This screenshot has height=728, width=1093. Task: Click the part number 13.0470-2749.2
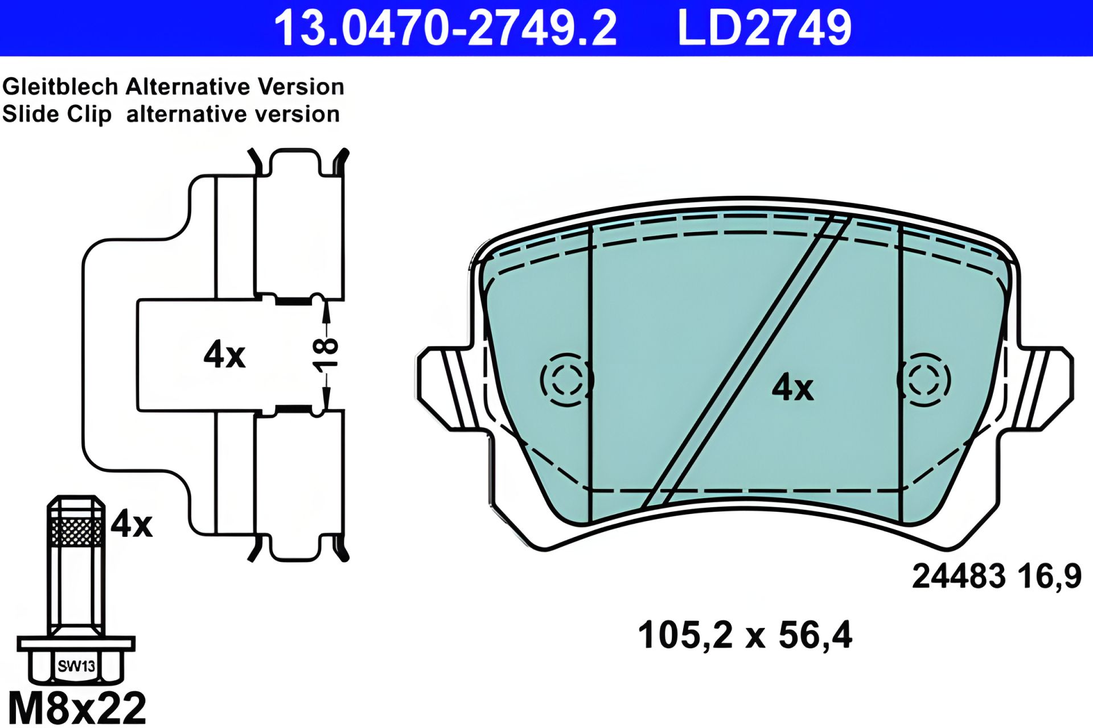point(445,28)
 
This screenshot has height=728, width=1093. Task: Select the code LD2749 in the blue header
point(764,28)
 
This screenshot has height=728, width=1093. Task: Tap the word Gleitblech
point(60,87)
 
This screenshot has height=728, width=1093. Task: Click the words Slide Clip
point(57,114)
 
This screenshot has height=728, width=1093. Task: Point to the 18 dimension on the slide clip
point(326,355)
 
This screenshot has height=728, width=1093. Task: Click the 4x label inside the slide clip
point(224,355)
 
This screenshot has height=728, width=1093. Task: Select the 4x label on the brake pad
point(792,388)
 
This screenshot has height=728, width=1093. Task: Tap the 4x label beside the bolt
point(132,524)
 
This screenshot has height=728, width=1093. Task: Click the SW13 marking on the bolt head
point(76,665)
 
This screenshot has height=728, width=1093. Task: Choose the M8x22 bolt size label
point(77,708)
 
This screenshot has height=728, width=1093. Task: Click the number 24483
point(959,576)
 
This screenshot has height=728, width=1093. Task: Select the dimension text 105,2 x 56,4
point(745,635)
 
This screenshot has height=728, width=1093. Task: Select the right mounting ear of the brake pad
point(1047,387)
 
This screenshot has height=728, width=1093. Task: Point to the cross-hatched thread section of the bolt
point(76,531)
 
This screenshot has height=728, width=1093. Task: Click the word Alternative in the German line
point(188,87)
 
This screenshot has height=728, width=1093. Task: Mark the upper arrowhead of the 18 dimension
point(326,307)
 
